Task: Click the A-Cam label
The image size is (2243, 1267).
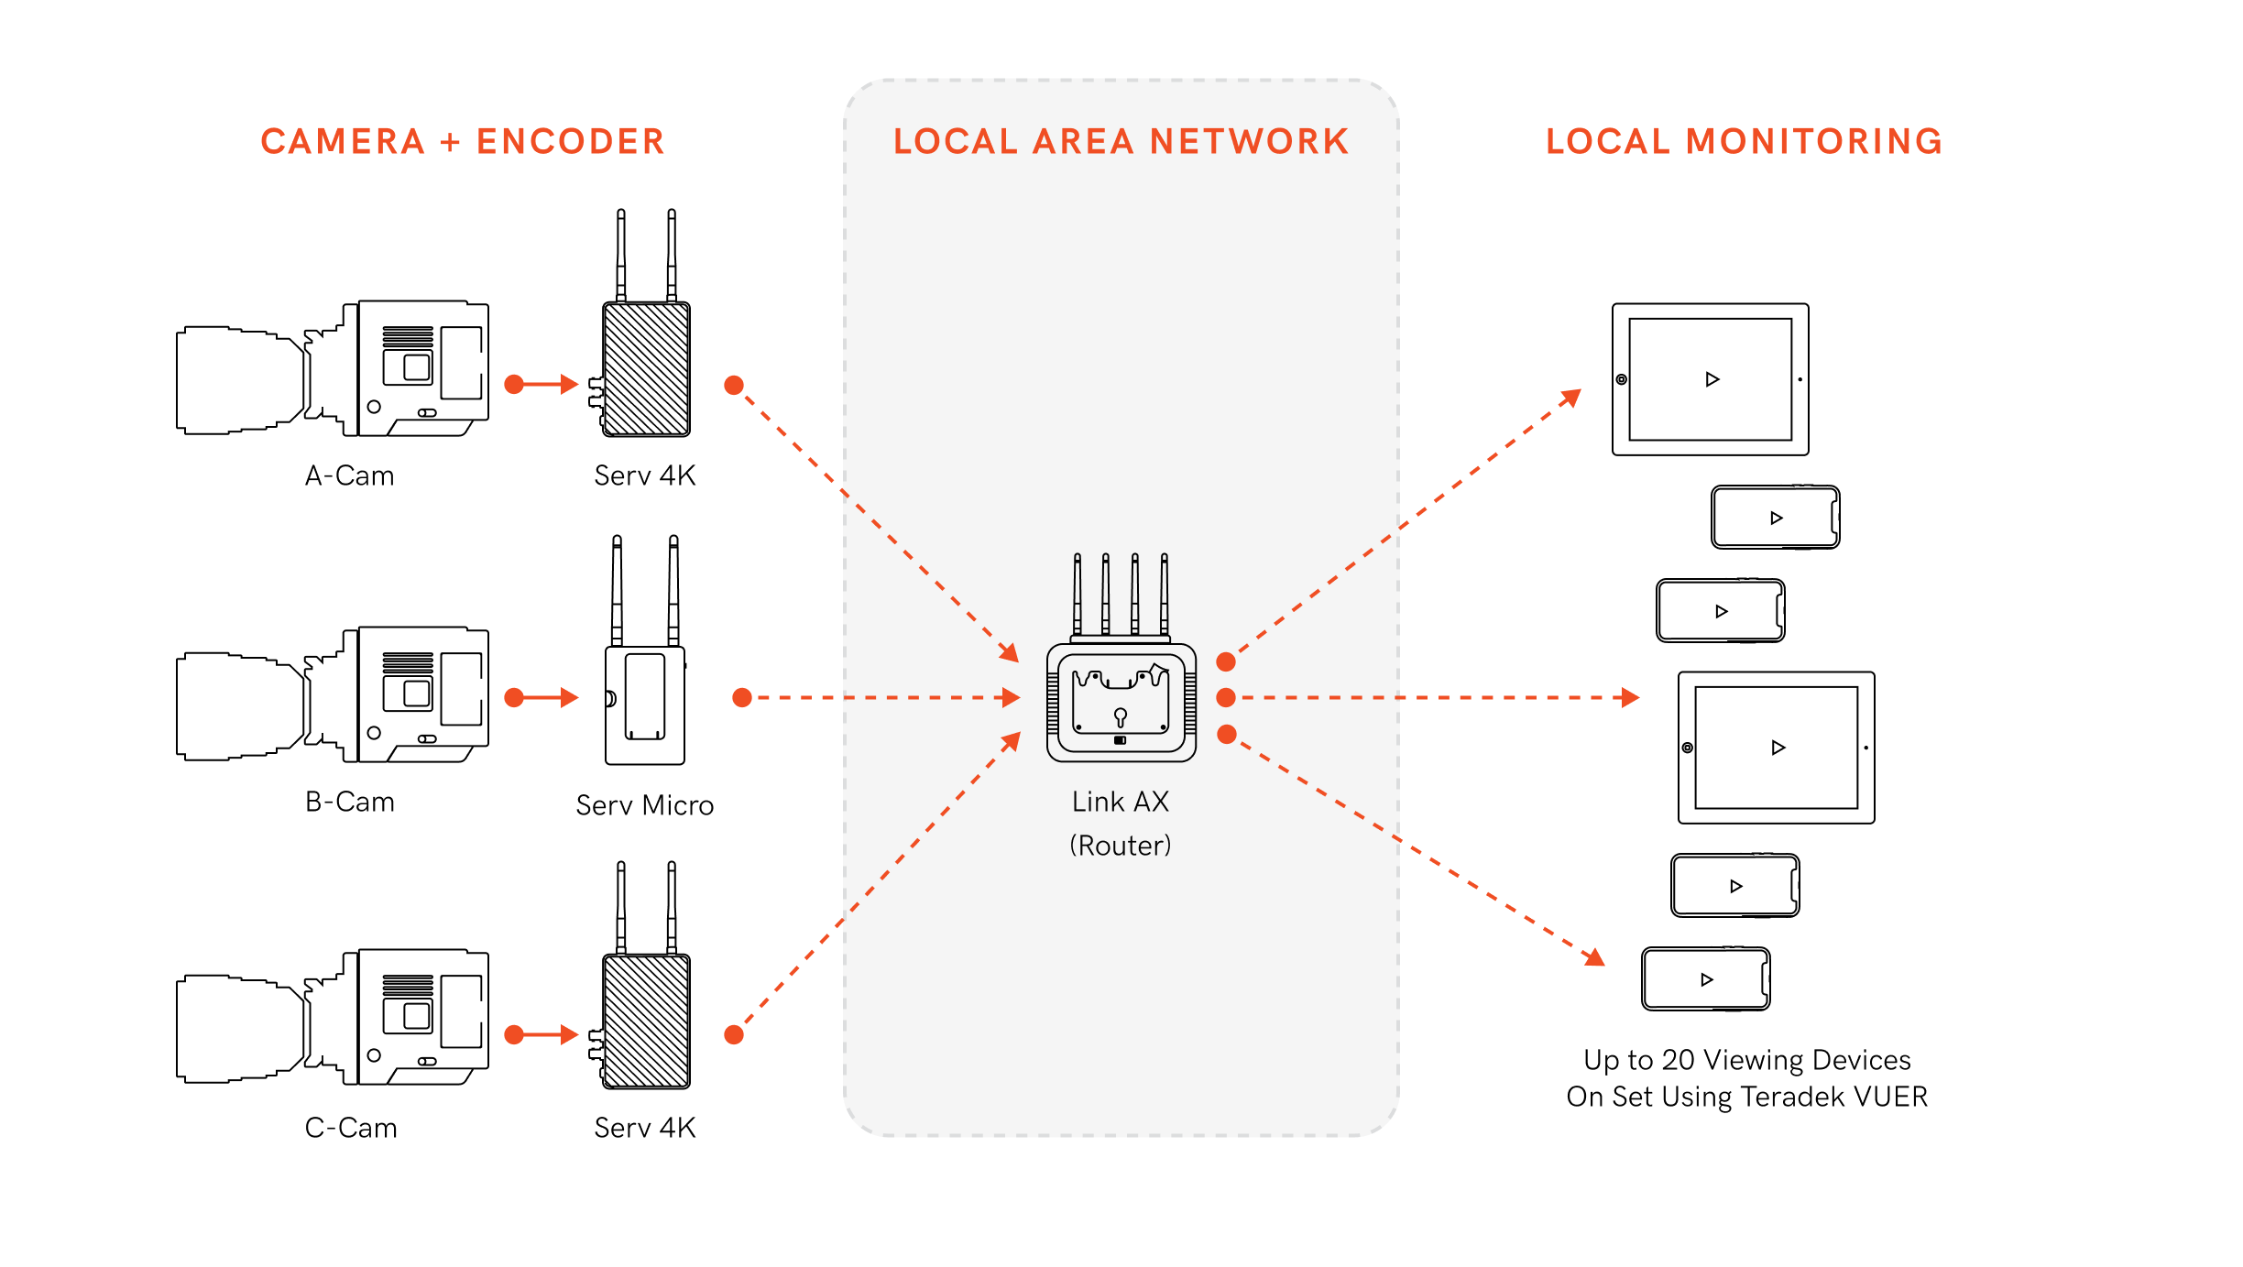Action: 349,475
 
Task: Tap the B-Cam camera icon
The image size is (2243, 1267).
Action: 332,695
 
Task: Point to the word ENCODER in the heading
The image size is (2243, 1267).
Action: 570,142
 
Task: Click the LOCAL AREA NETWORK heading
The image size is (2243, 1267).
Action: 1121,142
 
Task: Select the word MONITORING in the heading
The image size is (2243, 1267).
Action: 1813,142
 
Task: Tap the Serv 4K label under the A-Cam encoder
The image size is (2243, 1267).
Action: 645,475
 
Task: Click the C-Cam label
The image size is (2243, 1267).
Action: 351,1128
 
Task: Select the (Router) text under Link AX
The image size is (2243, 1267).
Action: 1121,845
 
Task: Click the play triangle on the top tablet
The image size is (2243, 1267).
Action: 1712,379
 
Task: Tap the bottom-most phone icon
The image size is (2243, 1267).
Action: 1705,979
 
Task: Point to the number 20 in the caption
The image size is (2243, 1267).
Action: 1678,1060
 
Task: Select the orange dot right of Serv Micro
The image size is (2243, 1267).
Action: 742,698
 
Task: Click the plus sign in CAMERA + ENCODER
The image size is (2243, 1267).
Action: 450,142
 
